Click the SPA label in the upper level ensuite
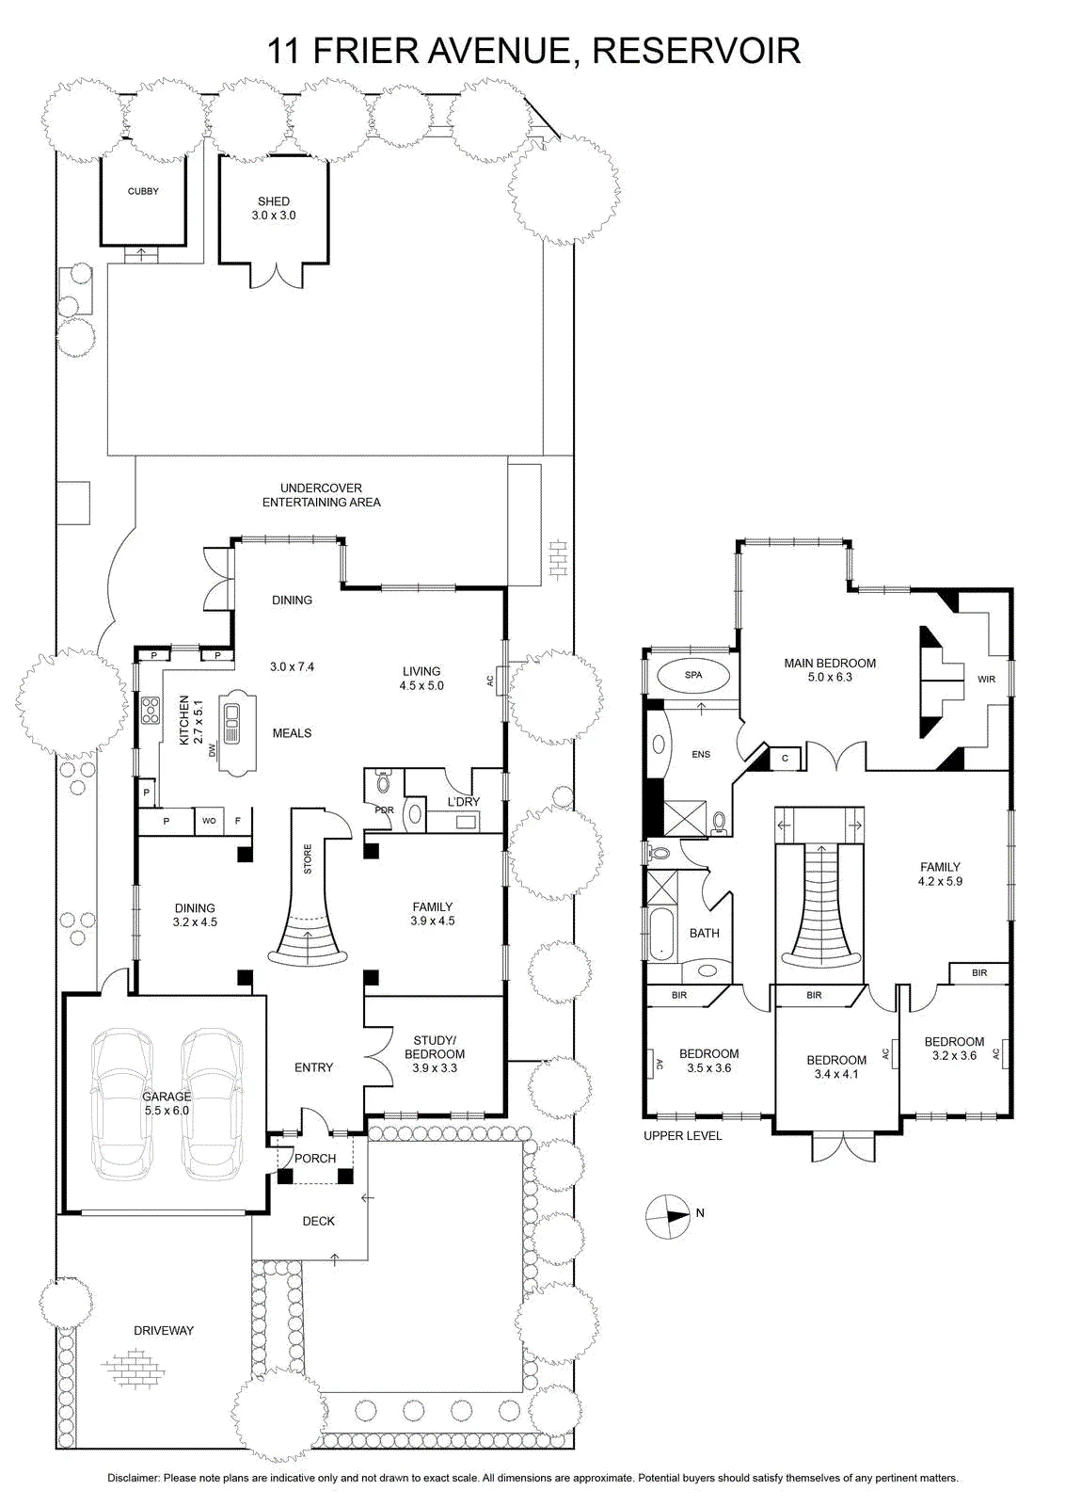[692, 675]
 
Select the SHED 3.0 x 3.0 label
[274, 208]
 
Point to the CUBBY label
[143, 191]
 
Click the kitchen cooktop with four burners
[151, 711]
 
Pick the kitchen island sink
[232, 724]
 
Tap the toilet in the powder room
[383, 781]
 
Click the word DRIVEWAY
[164, 1331]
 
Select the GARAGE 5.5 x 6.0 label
[166, 1104]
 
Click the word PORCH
[315, 1159]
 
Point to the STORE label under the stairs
[308, 859]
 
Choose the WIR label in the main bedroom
[986, 679]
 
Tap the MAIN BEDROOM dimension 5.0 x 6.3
[830, 677]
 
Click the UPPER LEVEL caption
[683, 1135]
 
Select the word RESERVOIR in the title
[696, 51]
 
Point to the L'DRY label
[464, 801]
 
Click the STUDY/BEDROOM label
[434, 1053]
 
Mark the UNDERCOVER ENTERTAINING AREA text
[321, 495]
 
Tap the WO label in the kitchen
[209, 820]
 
